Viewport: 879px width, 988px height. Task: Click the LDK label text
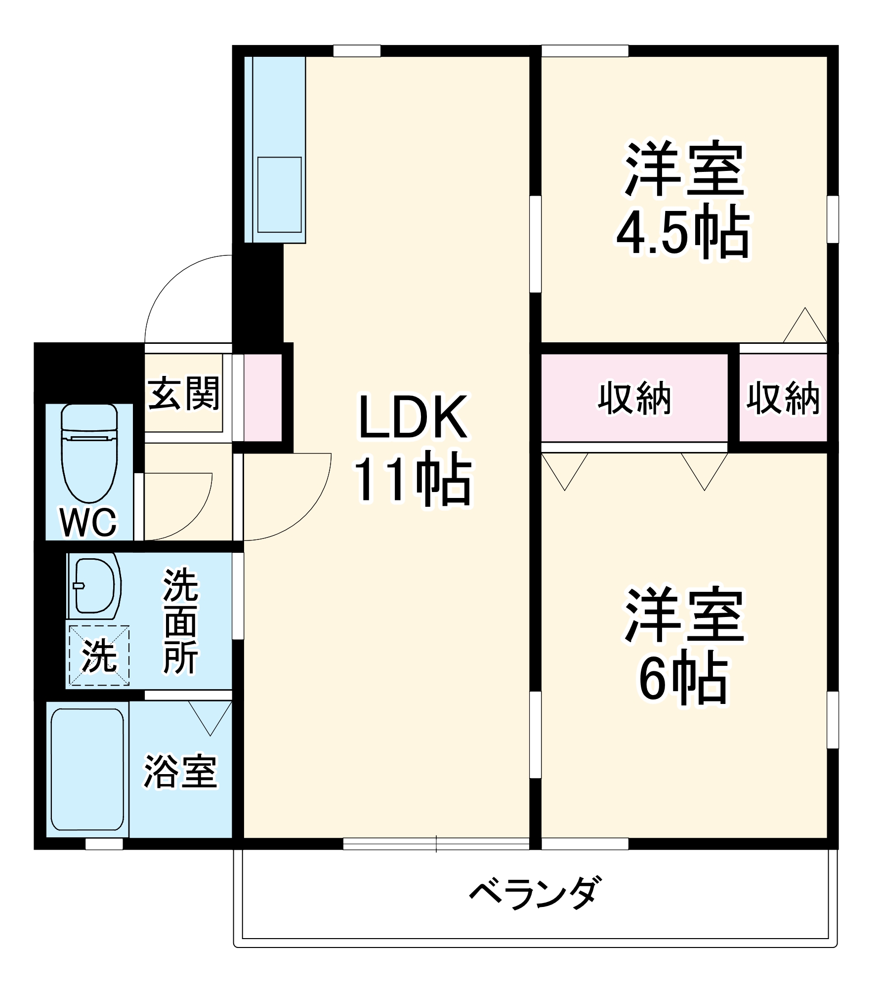(x=413, y=417)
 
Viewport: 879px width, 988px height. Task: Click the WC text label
(x=89, y=522)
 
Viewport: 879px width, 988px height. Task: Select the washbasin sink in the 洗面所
(x=94, y=586)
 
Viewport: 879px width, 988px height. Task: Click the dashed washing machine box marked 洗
(x=99, y=656)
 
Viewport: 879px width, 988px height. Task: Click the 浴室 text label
(x=180, y=771)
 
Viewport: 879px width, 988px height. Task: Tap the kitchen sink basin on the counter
(x=280, y=194)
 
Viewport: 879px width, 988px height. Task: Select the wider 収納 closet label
(x=635, y=398)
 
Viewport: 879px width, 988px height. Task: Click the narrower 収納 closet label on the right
(x=783, y=398)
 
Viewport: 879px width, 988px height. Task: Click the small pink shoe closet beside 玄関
(x=263, y=397)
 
